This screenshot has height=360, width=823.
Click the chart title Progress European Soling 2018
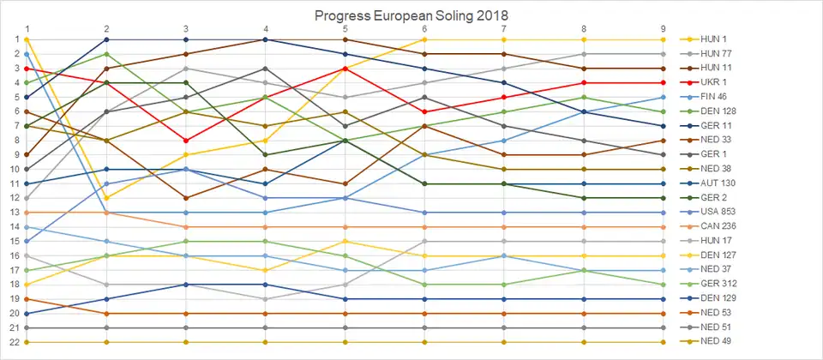411,15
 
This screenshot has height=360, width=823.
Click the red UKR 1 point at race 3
186,141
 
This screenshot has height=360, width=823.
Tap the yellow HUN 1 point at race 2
106,198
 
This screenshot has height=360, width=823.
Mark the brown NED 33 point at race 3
186,198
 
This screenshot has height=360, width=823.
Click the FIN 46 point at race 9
664,97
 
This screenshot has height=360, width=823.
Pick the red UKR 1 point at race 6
425,111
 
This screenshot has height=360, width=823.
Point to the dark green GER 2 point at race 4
266,155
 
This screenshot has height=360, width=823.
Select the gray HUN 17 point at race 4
266,299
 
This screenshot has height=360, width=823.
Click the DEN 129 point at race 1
27,314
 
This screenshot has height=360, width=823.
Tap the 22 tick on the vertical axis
15,342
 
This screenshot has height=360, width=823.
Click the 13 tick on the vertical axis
15,213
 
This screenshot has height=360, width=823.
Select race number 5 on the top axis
345,28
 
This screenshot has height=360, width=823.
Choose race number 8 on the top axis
584,28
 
